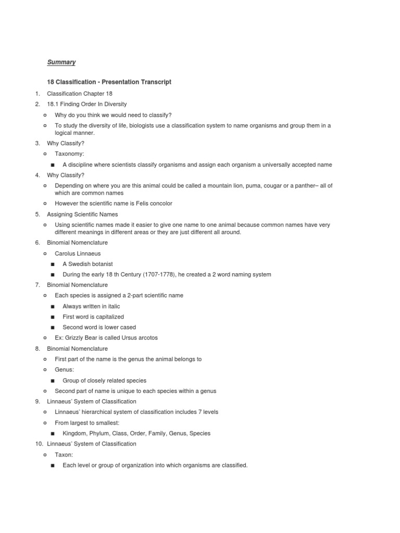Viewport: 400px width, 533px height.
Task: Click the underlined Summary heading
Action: click(x=61, y=62)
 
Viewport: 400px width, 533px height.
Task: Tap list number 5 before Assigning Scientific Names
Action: click(x=37, y=214)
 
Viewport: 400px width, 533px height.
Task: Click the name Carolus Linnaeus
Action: click(x=78, y=253)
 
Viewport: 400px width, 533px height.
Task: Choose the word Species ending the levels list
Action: click(x=200, y=433)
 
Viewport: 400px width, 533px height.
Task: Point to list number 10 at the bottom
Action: click(x=39, y=444)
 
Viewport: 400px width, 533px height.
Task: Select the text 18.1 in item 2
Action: click(x=53, y=104)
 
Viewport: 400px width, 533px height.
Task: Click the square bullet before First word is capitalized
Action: click(x=53, y=317)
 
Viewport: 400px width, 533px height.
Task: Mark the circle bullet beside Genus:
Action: click(x=45, y=370)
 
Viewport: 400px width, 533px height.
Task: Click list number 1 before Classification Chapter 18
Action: click(x=37, y=94)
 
